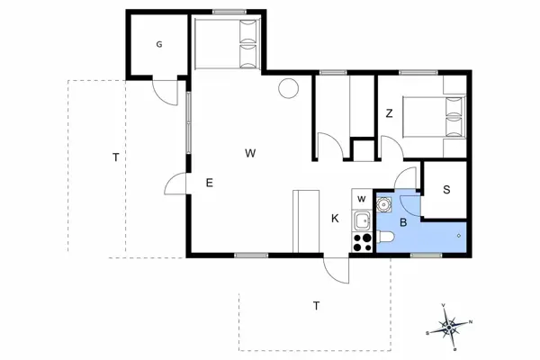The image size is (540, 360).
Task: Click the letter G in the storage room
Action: point(158,44)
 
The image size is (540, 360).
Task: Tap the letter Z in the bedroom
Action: point(389,113)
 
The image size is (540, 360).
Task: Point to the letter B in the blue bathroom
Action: point(404,221)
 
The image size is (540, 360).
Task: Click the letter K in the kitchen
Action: point(334,219)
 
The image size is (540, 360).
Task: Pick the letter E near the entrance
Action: point(209,184)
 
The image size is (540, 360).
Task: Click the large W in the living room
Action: point(250,154)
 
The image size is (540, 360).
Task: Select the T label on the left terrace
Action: point(115,158)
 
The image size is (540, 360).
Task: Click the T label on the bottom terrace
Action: point(316,306)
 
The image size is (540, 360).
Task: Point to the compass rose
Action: point(451,327)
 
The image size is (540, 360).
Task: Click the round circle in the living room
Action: point(288,88)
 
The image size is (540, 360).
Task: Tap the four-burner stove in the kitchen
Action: point(363,242)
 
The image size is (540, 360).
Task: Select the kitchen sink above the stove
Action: point(362,220)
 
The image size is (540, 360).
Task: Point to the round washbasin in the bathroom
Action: point(385,205)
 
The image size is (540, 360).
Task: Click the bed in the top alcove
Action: point(228,44)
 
